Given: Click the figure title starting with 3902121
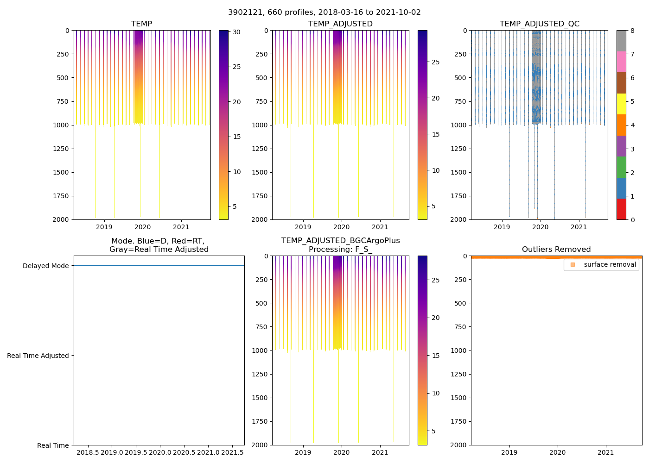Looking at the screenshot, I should [x=324, y=13].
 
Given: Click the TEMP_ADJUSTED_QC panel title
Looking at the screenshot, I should [x=539, y=24].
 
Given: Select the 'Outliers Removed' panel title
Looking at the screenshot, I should [x=556, y=250].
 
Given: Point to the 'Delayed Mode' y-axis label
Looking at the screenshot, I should [x=45, y=266].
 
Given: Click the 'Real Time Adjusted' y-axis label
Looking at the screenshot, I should [x=38, y=356].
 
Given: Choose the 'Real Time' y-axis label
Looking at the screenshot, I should [x=53, y=445].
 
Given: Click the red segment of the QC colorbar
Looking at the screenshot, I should [x=621, y=209].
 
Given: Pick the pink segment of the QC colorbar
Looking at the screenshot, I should [x=621, y=62].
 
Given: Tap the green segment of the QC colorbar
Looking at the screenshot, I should [x=621, y=167].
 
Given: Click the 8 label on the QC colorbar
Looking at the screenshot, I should [x=632, y=31].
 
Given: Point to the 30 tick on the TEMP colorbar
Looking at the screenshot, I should [x=236, y=32].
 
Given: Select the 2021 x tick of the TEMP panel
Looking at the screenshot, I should [x=181, y=227].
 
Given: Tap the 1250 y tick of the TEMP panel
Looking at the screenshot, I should [x=61, y=149].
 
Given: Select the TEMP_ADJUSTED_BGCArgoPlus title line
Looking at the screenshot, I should [x=340, y=241].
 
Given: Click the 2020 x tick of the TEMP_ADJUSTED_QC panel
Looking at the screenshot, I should [x=540, y=227].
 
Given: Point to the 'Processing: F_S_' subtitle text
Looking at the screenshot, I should [x=340, y=250].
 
